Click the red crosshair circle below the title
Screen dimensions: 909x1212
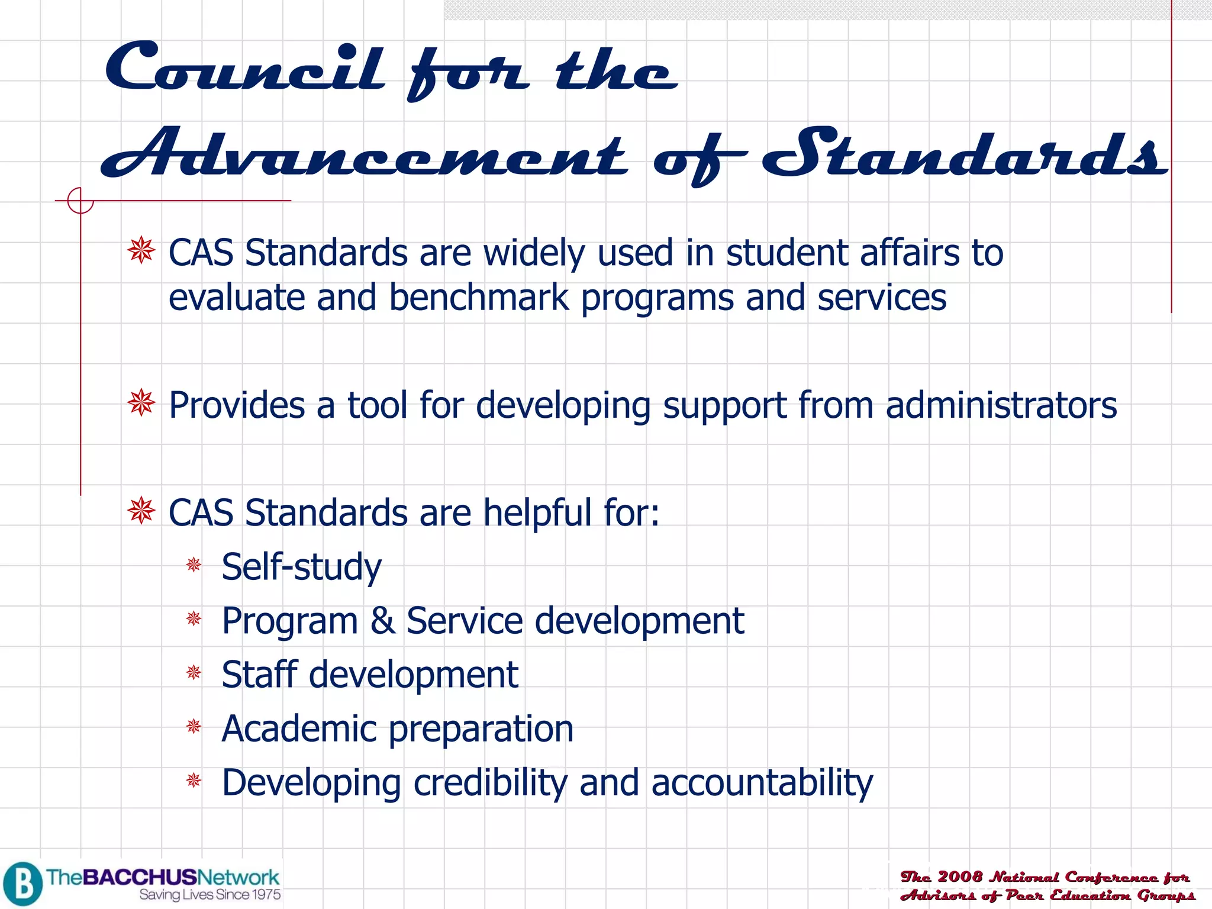(x=80, y=201)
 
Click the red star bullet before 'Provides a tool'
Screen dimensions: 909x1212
(x=141, y=404)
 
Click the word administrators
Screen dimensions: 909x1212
(x=1001, y=405)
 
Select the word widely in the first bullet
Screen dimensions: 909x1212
(x=534, y=253)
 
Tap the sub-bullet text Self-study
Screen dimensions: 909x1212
(x=301, y=567)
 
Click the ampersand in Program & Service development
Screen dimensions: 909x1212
(x=382, y=621)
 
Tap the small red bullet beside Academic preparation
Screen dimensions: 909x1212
(x=194, y=726)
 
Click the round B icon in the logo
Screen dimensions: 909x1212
(x=22, y=884)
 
